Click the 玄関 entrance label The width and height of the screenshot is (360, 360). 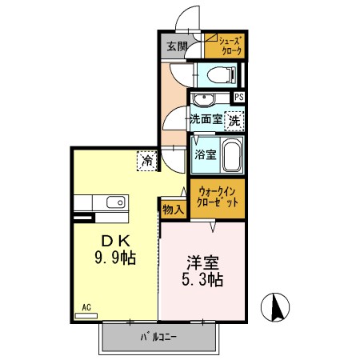[x=177, y=46]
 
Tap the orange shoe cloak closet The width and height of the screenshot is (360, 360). [x=224, y=46]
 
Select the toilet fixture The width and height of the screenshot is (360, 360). [x=216, y=75]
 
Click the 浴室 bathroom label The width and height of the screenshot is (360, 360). [x=205, y=154]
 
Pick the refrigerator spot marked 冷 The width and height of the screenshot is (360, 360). [x=147, y=160]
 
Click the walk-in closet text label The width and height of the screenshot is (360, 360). [x=218, y=197]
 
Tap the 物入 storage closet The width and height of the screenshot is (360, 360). [x=173, y=209]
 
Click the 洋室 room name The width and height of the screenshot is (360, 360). [x=200, y=262]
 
